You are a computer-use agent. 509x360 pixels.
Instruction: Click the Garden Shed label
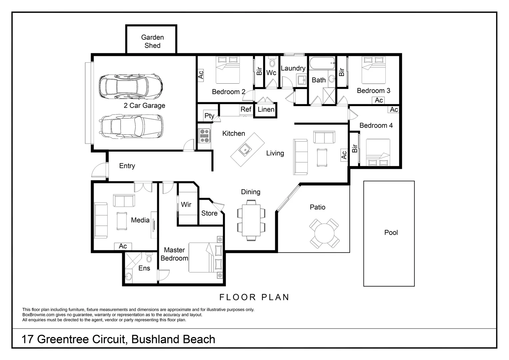pos(152,41)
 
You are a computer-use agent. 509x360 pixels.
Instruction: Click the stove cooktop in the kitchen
pos(204,136)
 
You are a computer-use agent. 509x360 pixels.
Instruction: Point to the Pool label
pos(391,232)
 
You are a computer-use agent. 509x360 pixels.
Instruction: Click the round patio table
pos(324,233)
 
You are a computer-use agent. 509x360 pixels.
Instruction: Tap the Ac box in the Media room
pos(123,246)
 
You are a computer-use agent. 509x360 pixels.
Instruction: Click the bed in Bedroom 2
pos(228,70)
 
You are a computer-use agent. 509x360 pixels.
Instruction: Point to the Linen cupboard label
pos(266,109)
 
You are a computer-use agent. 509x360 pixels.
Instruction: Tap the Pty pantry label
pos(209,116)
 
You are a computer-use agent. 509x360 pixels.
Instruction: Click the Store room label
pos(209,213)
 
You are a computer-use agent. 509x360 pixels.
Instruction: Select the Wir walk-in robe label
pos(186,204)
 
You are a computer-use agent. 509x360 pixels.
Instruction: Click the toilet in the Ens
pos(149,258)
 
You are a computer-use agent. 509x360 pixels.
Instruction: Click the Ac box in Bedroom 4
pos(394,109)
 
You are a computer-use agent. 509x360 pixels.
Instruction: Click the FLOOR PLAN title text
pos(254,297)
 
